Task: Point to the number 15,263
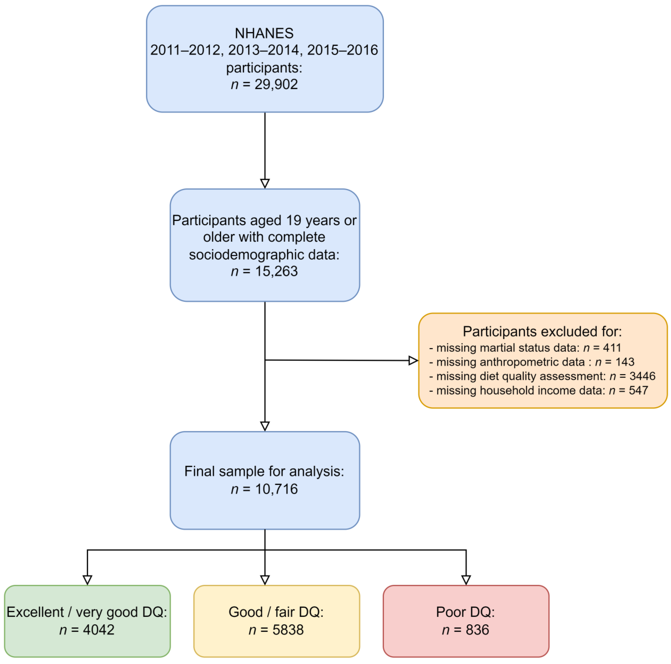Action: pos(276,271)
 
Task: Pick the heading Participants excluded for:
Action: pos(542,331)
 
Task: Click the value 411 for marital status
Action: pos(612,348)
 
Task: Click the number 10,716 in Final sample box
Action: pos(276,489)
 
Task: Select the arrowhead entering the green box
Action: pos(87,580)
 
